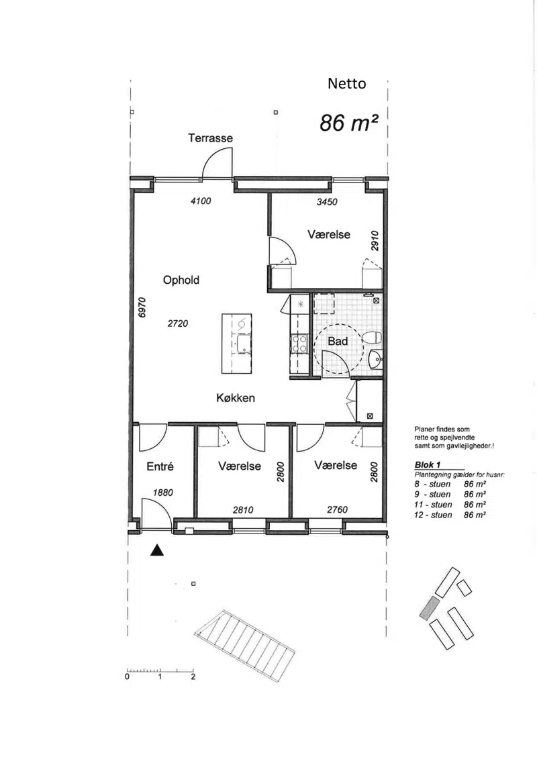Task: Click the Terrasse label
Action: pos(210,138)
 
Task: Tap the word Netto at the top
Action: pos(347,83)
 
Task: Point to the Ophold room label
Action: pos(181,281)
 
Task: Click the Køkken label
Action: pos(236,398)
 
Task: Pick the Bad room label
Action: pos(338,342)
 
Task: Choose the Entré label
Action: pos(160,466)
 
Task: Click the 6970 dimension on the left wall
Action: pos(142,307)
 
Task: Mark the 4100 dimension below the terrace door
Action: pos(201,201)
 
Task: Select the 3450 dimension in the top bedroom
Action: pos(327,202)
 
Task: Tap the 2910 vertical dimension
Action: pos(375,240)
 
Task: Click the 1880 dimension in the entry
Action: pos(162,493)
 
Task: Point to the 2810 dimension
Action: pos(243,510)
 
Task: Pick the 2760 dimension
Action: pos(337,509)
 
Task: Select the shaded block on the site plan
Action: pos(429,608)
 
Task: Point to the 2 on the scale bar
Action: pos(193,676)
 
